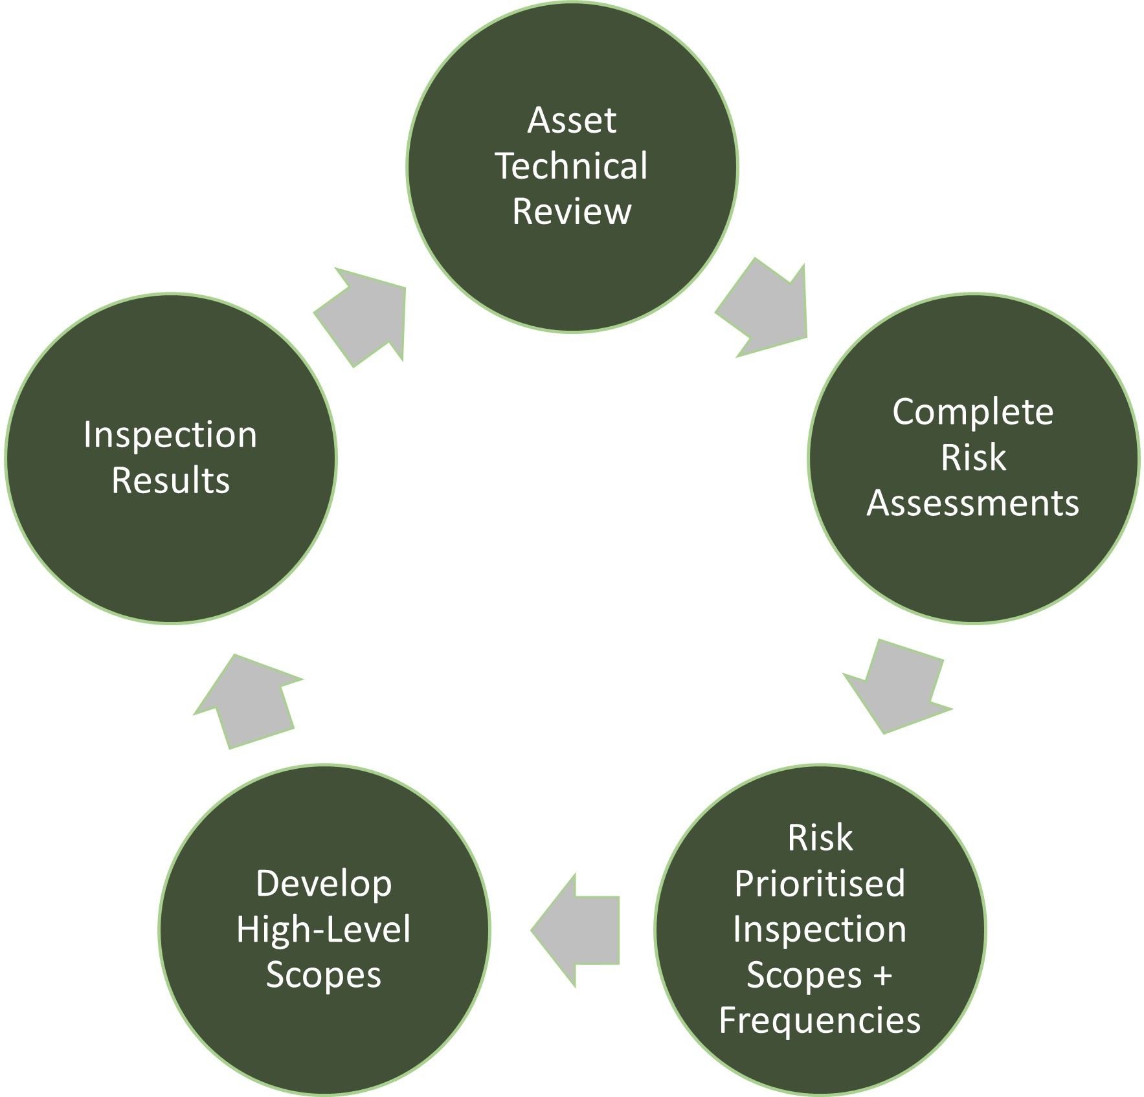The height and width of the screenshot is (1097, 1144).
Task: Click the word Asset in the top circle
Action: (x=572, y=120)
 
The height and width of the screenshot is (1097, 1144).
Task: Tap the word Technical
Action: (x=572, y=166)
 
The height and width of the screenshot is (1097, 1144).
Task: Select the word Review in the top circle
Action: (x=572, y=211)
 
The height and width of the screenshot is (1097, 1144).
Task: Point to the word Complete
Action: (x=972, y=412)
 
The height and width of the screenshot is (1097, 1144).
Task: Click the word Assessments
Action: (x=972, y=503)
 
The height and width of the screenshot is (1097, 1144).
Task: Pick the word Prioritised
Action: (x=820, y=884)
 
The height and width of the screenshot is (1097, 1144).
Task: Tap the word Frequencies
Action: (x=820, y=1021)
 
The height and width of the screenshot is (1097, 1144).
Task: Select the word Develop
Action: (x=324, y=884)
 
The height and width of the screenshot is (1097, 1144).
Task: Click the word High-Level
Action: (x=324, y=929)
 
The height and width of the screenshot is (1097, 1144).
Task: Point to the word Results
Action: (x=170, y=480)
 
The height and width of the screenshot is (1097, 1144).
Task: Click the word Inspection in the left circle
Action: (x=170, y=434)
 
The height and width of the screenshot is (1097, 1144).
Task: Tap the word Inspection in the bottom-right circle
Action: (x=820, y=929)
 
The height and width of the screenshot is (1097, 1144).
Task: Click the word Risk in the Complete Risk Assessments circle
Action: (x=972, y=457)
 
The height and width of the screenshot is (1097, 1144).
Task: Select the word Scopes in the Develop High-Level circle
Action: (x=324, y=975)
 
